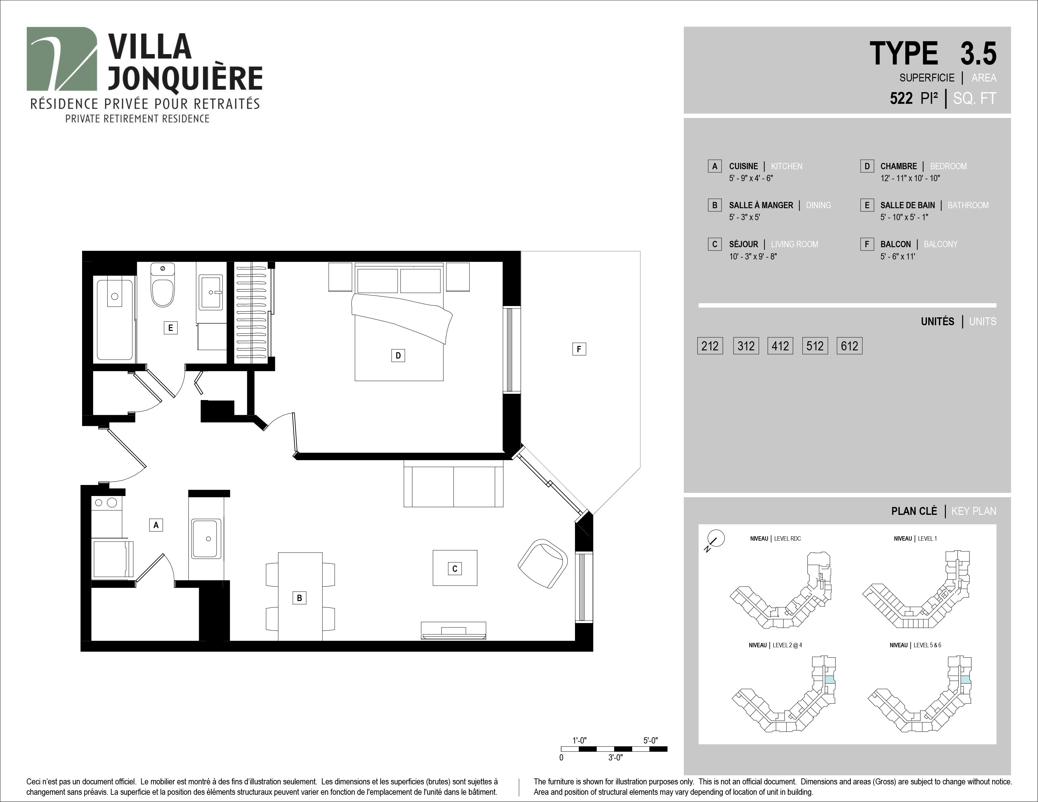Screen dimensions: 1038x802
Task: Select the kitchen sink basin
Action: (207, 538)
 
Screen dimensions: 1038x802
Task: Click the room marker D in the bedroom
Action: (398, 355)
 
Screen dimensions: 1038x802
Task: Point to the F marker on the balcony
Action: (579, 349)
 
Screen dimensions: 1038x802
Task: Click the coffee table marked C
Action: (455, 568)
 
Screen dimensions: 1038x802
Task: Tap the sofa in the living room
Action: (453, 487)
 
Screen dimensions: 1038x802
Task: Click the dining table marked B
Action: (300, 596)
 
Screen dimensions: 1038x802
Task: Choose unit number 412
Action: (780, 346)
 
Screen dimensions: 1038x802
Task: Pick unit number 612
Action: (849, 346)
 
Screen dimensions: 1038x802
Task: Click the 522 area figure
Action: (901, 98)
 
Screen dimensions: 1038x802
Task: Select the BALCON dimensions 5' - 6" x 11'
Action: (898, 257)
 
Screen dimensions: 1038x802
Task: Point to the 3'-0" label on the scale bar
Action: (616, 757)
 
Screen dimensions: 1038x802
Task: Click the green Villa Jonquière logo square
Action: (62, 59)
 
